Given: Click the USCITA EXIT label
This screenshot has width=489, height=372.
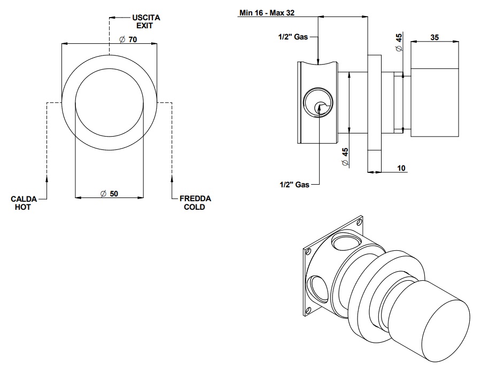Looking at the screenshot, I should tap(146, 21).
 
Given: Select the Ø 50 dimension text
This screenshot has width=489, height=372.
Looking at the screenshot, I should tap(109, 193).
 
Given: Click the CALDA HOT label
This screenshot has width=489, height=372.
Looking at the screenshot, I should tap(23, 203).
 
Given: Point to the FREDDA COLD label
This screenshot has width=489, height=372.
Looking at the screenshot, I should tap(195, 203).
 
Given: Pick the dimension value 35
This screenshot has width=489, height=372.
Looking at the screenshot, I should tap(434, 37).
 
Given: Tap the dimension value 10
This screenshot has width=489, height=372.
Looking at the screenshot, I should tap(401, 168).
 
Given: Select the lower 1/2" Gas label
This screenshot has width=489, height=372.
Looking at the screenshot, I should tap(294, 185).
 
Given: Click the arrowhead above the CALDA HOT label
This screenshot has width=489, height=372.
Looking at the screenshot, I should tap(47, 177).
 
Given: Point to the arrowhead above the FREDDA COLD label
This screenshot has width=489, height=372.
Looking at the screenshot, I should tap(172, 177).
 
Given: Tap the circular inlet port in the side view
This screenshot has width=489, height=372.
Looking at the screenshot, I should tap(318, 102).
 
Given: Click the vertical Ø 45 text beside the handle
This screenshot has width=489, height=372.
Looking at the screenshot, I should tap(398, 42).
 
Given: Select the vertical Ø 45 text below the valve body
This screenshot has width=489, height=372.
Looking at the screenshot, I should tap(345, 156).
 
